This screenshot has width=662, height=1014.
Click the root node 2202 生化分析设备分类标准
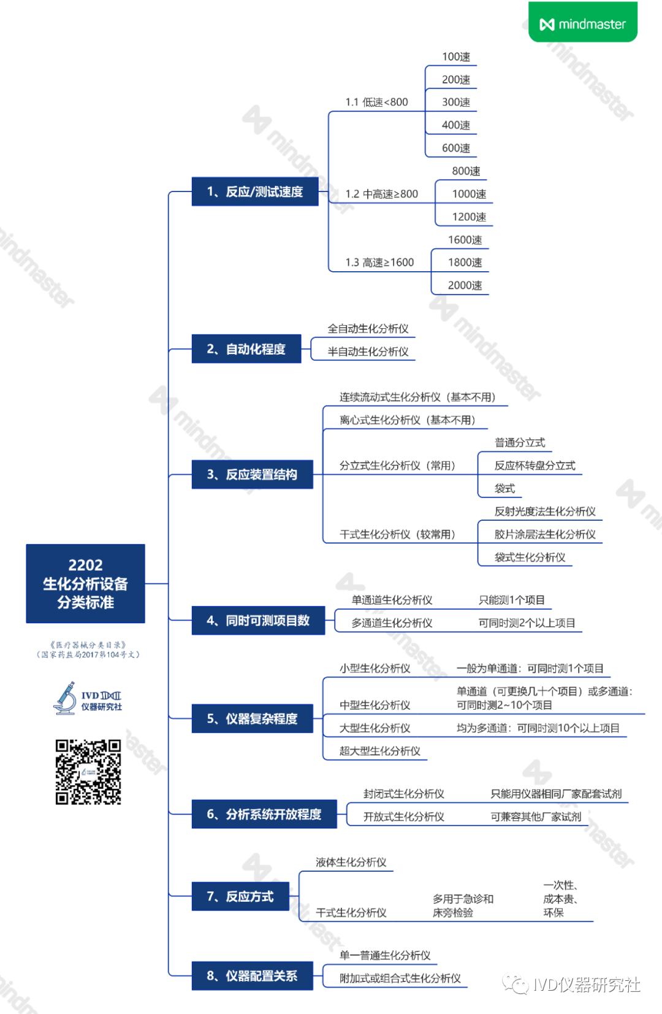[x=85, y=583]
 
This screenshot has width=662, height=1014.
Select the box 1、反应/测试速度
[x=255, y=191]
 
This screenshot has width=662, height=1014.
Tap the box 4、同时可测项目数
[x=258, y=620]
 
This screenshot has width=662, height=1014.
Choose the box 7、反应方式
[x=240, y=896]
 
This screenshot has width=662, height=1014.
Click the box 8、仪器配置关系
[x=252, y=975]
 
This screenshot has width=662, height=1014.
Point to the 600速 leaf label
[x=456, y=148]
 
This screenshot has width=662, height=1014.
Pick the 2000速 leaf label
[x=465, y=285]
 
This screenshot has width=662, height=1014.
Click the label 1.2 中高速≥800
[x=381, y=194]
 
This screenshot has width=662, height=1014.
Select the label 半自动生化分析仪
[x=368, y=351]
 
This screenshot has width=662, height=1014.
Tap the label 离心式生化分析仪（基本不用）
[x=408, y=420]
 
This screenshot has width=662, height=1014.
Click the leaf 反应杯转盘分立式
[x=535, y=466]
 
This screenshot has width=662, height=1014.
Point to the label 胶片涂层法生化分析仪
[x=545, y=534]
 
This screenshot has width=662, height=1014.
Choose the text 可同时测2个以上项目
[x=527, y=623]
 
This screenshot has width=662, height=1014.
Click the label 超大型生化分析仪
[x=380, y=751]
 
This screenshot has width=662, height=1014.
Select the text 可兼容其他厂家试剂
[x=536, y=816]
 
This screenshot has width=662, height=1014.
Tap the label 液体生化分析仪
[x=351, y=862]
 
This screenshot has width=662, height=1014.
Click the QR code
[x=88, y=772]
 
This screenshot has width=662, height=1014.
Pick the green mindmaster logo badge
[x=583, y=23]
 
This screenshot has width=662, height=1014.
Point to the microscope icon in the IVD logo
[x=65, y=698]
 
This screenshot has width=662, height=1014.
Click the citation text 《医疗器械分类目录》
[x=88, y=645]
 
